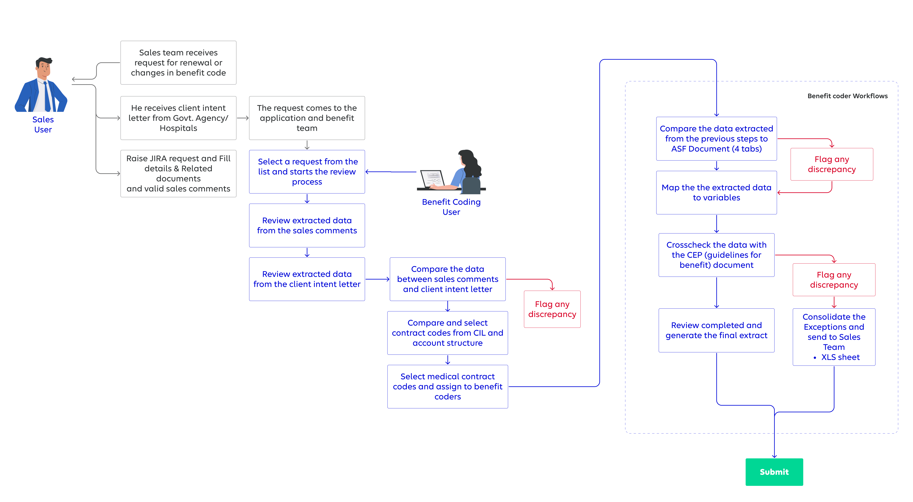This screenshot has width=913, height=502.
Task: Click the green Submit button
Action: (774, 472)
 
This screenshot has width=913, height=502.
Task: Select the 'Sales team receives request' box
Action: (178, 63)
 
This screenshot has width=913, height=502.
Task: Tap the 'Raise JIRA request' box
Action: (178, 174)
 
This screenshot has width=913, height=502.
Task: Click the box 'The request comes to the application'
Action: (307, 118)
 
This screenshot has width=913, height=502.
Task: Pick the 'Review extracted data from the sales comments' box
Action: (307, 225)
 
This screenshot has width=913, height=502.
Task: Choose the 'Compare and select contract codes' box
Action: (448, 333)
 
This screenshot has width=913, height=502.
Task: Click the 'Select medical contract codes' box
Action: (448, 387)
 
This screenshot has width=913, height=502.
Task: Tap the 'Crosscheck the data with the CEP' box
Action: (716, 255)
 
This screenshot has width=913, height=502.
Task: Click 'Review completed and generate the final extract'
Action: (716, 330)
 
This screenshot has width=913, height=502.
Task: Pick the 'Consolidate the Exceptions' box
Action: (834, 337)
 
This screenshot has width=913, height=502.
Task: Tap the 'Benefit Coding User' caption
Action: (451, 207)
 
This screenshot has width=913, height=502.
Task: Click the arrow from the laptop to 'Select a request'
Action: (391, 172)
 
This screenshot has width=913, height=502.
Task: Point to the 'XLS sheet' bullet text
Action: (840, 357)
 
